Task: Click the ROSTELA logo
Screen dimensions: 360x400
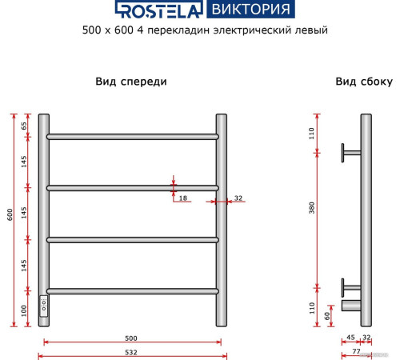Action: (158, 10)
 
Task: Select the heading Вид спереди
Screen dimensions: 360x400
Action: (131, 82)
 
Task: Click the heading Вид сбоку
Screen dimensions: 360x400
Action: (363, 82)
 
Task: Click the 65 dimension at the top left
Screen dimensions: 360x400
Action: (24, 126)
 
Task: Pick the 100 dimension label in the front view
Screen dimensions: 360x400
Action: (24, 309)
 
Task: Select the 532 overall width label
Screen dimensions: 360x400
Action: (132, 352)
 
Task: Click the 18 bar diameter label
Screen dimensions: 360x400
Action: (182, 197)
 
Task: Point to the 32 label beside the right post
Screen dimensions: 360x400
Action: (238, 197)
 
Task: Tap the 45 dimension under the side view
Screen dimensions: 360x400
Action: (351, 338)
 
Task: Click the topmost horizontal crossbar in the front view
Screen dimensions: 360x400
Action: (132, 137)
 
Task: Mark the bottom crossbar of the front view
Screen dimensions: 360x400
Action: (132, 290)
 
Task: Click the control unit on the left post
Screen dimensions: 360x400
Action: (44, 304)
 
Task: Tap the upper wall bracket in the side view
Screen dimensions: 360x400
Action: (350, 150)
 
